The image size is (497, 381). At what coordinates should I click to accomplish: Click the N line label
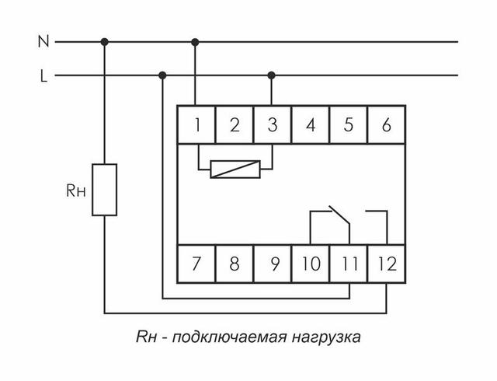[43, 41]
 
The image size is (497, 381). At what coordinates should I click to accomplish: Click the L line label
[43, 76]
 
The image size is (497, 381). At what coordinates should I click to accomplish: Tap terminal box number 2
[234, 125]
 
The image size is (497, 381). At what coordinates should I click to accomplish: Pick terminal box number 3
[272, 125]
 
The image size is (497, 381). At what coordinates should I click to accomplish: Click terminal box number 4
[310, 125]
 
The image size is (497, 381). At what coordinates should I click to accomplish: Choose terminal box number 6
[385, 125]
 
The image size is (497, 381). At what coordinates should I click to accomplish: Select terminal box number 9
[272, 262]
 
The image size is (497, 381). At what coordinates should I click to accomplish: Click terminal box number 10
[310, 262]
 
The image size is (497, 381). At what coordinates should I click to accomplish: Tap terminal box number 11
[347, 262]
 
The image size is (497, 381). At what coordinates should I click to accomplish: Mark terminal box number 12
[385, 262]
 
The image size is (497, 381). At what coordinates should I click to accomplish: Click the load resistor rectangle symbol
[105, 189]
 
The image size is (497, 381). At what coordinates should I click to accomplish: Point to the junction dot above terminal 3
[271, 75]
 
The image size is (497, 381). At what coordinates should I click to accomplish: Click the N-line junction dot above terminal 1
[196, 41]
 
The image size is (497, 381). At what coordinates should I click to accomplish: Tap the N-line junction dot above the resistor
[105, 41]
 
